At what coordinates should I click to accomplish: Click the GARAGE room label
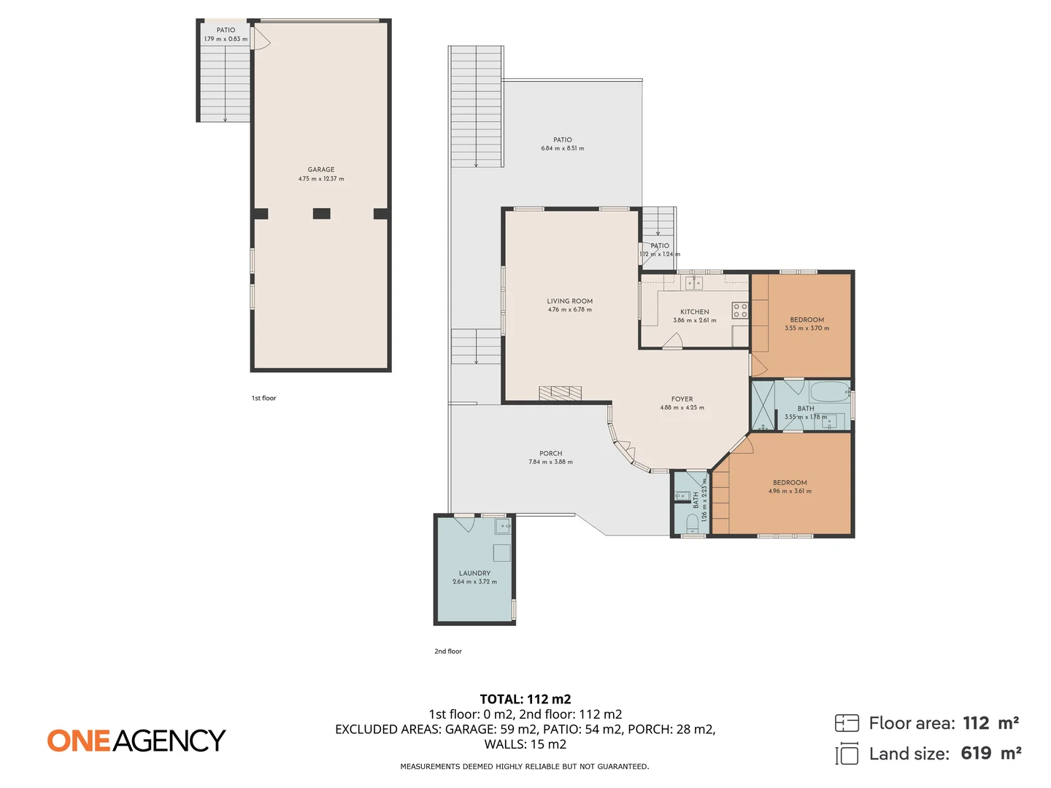click(321, 169)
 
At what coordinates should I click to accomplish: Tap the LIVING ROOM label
click(569, 301)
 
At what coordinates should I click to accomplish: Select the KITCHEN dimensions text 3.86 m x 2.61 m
click(694, 320)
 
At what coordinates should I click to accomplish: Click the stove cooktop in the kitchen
click(740, 310)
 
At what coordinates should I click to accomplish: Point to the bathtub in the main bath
click(830, 392)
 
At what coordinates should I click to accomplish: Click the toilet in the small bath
click(692, 522)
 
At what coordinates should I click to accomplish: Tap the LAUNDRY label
click(474, 573)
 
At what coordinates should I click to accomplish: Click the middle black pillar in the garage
click(321, 214)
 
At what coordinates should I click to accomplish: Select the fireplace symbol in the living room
click(561, 393)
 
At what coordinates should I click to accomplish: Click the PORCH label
click(551, 453)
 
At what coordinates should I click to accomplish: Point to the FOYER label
click(682, 399)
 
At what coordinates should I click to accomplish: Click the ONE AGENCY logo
click(136, 741)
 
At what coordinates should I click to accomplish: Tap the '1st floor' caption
click(264, 398)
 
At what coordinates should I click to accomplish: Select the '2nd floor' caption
click(448, 652)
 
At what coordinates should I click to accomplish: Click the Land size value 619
click(976, 754)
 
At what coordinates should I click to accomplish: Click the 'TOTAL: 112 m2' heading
click(525, 699)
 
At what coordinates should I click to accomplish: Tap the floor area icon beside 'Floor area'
click(847, 723)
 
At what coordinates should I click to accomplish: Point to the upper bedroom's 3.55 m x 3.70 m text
click(806, 328)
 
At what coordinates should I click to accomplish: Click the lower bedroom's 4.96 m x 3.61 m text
click(790, 491)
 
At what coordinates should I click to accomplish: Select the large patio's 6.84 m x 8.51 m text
click(562, 148)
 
